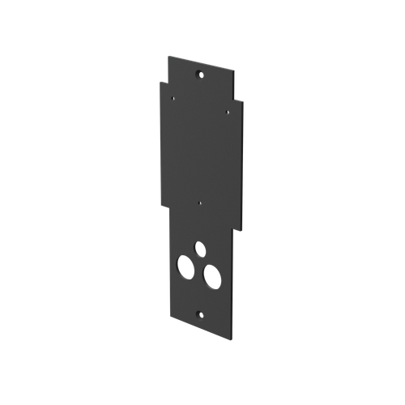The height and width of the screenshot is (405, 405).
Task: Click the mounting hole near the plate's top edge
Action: pos(200,75)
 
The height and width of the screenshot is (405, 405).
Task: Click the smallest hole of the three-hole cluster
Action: pos(198,246)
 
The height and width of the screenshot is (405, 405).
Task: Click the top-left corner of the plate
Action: pos(166,54)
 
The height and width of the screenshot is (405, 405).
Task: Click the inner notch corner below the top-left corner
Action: pos(166,80)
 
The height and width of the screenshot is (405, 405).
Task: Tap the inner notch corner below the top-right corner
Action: pos(235,98)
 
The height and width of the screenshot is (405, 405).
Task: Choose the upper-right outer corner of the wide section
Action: pos(242,100)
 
